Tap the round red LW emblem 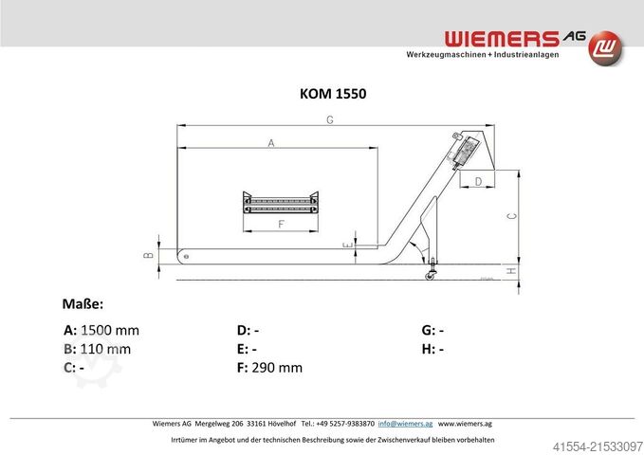coord(607,46)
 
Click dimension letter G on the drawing coord(329,119)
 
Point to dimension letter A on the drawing coord(271,143)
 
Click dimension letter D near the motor coord(478,180)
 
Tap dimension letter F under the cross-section coord(282,225)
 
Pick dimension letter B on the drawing coord(148,254)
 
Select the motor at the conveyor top coord(465,150)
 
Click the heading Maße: coord(83,303)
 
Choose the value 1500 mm coord(110,331)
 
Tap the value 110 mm coord(105,349)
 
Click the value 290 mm coord(277,367)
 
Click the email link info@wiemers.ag coord(406,423)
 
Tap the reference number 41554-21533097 coord(595,444)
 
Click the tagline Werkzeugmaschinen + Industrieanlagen coord(482,55)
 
